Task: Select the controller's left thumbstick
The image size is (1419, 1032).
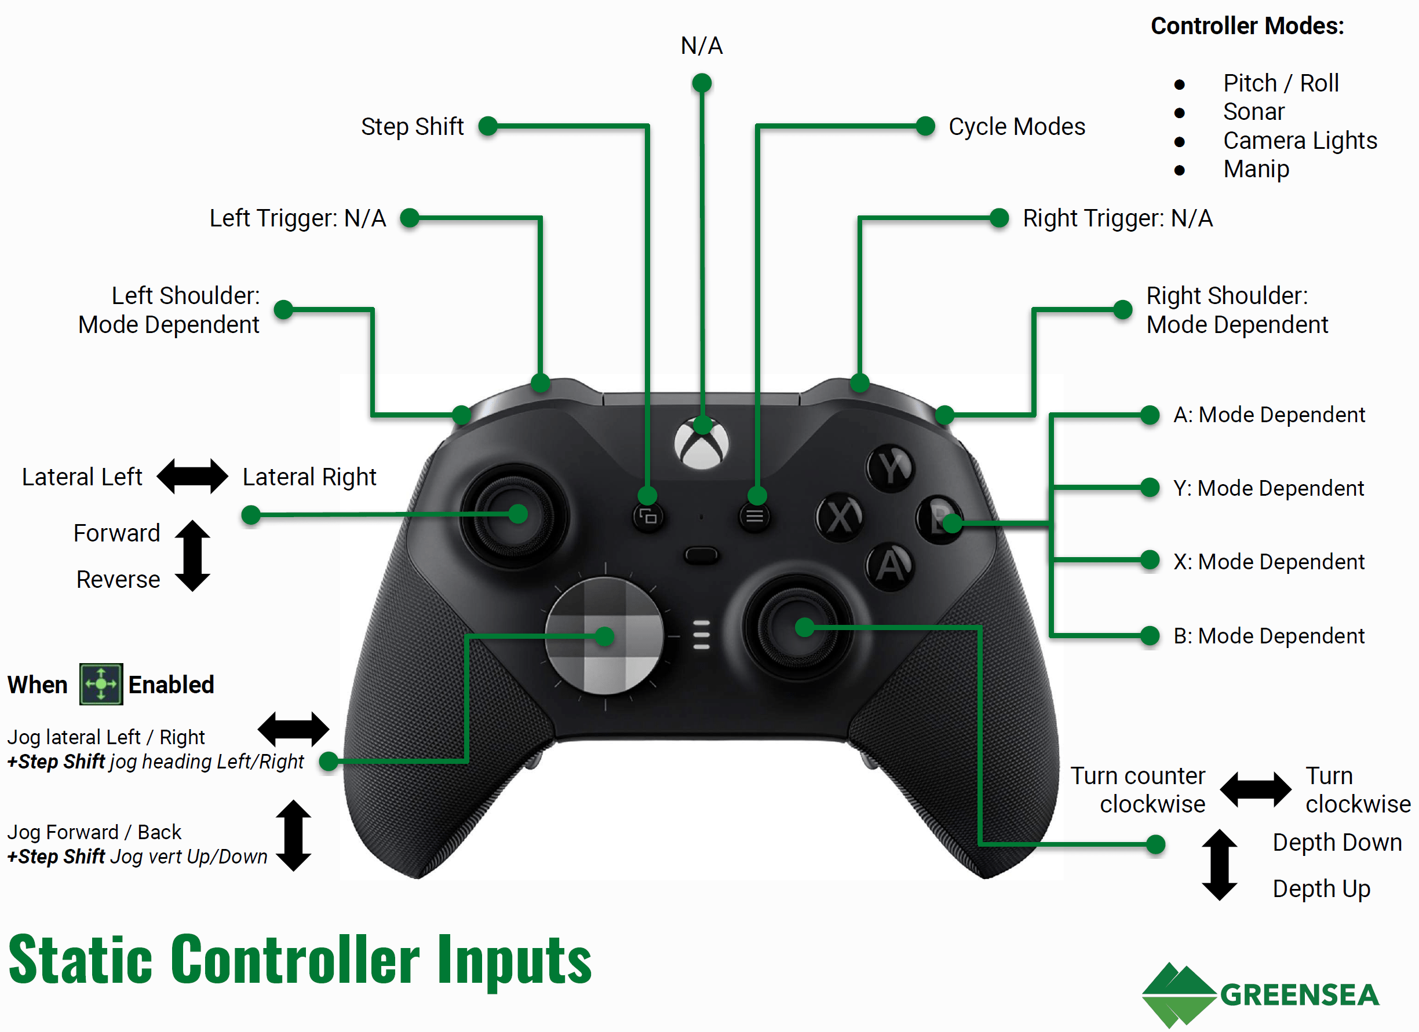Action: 515,515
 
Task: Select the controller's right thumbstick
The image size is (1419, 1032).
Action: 797,627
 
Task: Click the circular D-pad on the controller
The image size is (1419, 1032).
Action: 604,636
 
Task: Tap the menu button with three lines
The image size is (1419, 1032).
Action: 754,517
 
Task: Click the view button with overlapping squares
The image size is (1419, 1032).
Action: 648,517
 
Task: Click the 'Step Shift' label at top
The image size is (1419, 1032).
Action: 413,126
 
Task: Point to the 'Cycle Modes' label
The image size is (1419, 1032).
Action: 1017,126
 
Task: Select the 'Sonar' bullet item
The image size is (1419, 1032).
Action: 1253,112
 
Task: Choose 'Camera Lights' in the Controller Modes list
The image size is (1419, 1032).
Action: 1300,141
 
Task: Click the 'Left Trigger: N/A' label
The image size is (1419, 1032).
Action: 297,218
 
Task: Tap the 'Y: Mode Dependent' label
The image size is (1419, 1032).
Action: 1268,488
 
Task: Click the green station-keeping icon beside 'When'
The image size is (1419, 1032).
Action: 101,685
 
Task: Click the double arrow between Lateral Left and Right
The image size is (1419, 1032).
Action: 192,477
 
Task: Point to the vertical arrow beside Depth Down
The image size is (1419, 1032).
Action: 1219,865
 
